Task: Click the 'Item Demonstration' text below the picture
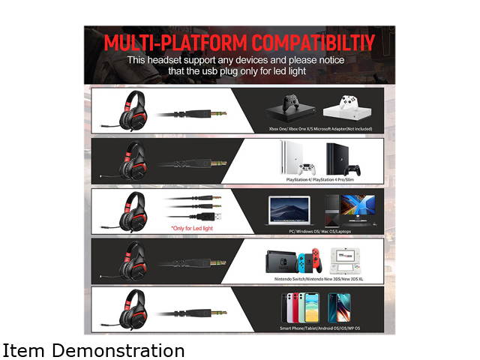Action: (x=93, y=350)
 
